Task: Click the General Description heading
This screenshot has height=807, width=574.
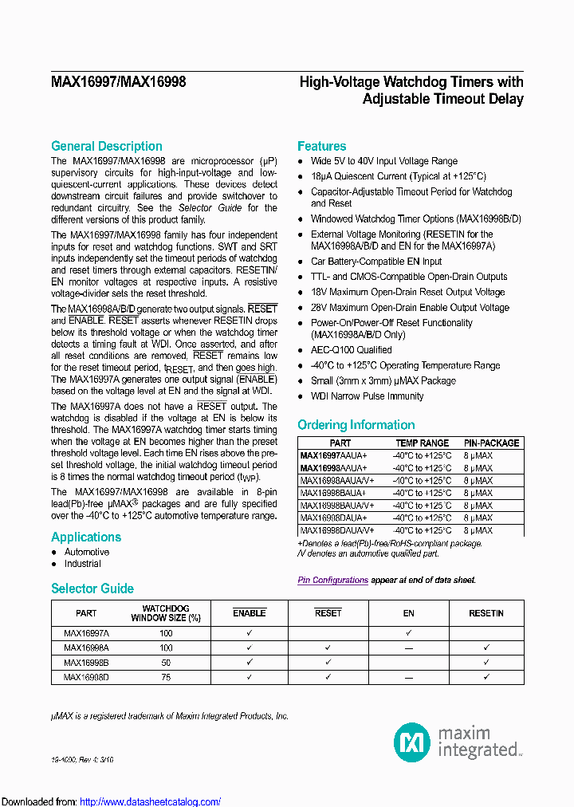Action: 106,146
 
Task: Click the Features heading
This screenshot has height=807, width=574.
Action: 321,146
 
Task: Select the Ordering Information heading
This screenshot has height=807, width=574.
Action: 356,425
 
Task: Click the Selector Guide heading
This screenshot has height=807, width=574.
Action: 92,589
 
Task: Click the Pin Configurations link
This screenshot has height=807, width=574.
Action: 332,581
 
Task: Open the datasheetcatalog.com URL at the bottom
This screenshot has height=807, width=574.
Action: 151,801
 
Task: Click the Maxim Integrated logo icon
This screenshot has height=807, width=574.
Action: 412,742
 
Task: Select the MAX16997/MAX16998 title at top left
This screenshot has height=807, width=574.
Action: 118,82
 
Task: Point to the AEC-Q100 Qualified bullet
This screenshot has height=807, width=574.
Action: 351,350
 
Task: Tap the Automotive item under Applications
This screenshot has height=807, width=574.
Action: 87,552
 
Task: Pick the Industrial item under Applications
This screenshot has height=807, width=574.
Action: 83,564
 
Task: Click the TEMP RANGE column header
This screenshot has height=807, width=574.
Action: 422,443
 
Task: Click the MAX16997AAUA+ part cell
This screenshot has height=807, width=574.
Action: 333,455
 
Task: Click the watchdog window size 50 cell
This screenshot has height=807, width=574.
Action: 166,662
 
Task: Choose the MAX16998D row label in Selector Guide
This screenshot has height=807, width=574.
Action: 86,677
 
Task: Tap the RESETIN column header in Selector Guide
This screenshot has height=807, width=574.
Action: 486,613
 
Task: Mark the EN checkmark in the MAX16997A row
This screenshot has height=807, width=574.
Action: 408,632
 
